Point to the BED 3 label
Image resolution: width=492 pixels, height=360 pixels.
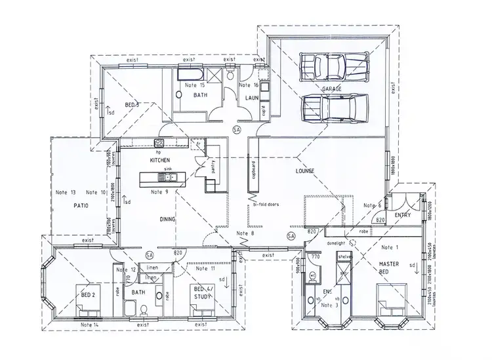pyautogui.click(x=132, y=105)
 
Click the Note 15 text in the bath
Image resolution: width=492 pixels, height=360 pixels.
pyautogui.click(x=194, y=85)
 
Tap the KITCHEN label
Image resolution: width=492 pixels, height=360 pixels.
pyautogui.click(x=159, y=160)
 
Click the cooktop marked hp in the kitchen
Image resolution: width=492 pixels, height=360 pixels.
pyautogui.click(x=158, y=144)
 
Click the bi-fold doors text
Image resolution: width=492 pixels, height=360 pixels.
pyautogui.click(x=266, y=205)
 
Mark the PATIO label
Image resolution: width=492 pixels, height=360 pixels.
pyautogui.click(x=80, y=206)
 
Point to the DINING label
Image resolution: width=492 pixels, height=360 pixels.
pyautogui.click(x=167, y=219)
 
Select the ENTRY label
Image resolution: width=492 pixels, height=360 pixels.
pyautogui.click(x=403, y=214)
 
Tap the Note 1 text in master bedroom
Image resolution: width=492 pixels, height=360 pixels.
pyautogui.click(x=388, y=247)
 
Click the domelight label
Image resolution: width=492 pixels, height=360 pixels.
pyautogui.click(x=335, y=243)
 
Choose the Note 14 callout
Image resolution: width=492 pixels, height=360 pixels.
pyautogui.click(x=90, y=325)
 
